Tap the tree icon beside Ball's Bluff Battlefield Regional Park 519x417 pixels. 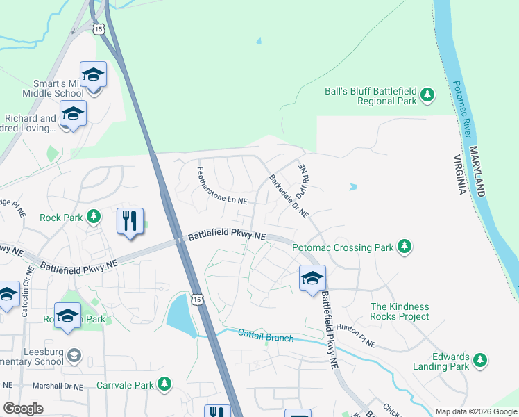[x=428, y=96]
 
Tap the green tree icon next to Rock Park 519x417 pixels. [x=94, y=218]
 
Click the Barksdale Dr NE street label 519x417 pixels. [x=289, y=195]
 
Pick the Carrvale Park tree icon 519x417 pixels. [x=164, y=384]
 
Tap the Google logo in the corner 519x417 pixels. [x=23, y=409]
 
